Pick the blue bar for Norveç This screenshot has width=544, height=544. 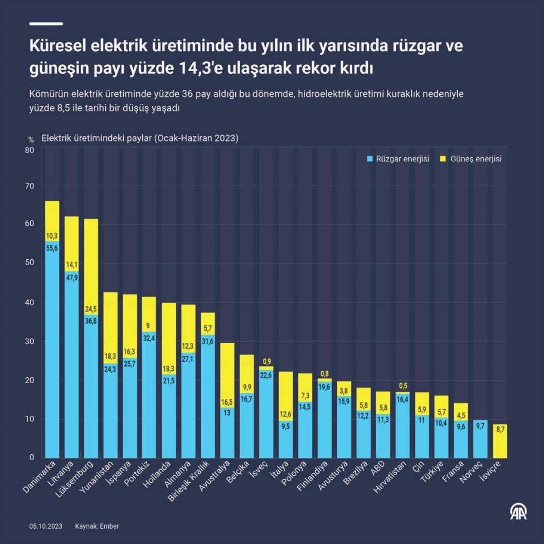pyautogui.click(x=481, y=439)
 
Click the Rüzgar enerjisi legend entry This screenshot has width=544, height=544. pyautogui.click(x=398, y=159)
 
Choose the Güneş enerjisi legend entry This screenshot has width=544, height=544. pyautogui.click(x=471, y=159)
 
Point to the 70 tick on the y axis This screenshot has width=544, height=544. pyautogui.click(x=29, y=186)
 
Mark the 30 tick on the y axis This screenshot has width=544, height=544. pyautogui.click(x=29, y=341)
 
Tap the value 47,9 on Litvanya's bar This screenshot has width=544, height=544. pyautogui.click(x=72, y=278)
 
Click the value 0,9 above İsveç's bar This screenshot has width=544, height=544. pyautogui.click(x=267, y=361)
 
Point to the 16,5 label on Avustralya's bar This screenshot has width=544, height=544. pyautogui.click(x=227, y=403)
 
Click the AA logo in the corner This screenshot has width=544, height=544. pyautogui.click(x=518, y=512)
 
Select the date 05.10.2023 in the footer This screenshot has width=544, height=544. pyautogui.click(x=46, y=526)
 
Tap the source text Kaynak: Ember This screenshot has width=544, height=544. pyautogui.click(x=97, y=526)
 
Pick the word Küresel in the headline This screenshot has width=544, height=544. pyautogui.click(x=58, y=46)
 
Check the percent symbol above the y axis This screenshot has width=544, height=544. pyautogui.click(x=31, y=140)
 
